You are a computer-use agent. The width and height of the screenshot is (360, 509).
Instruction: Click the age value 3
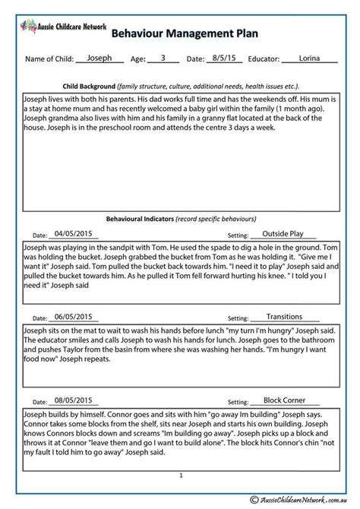click(162, 58)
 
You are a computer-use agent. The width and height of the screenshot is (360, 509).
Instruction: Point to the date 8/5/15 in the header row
click(223, 58)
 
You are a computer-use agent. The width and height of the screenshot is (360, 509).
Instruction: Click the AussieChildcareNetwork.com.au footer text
click(289, 495)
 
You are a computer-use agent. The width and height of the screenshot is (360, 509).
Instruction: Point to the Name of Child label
click(49, 58)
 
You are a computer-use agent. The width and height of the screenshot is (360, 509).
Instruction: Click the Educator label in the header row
click(260, 58)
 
